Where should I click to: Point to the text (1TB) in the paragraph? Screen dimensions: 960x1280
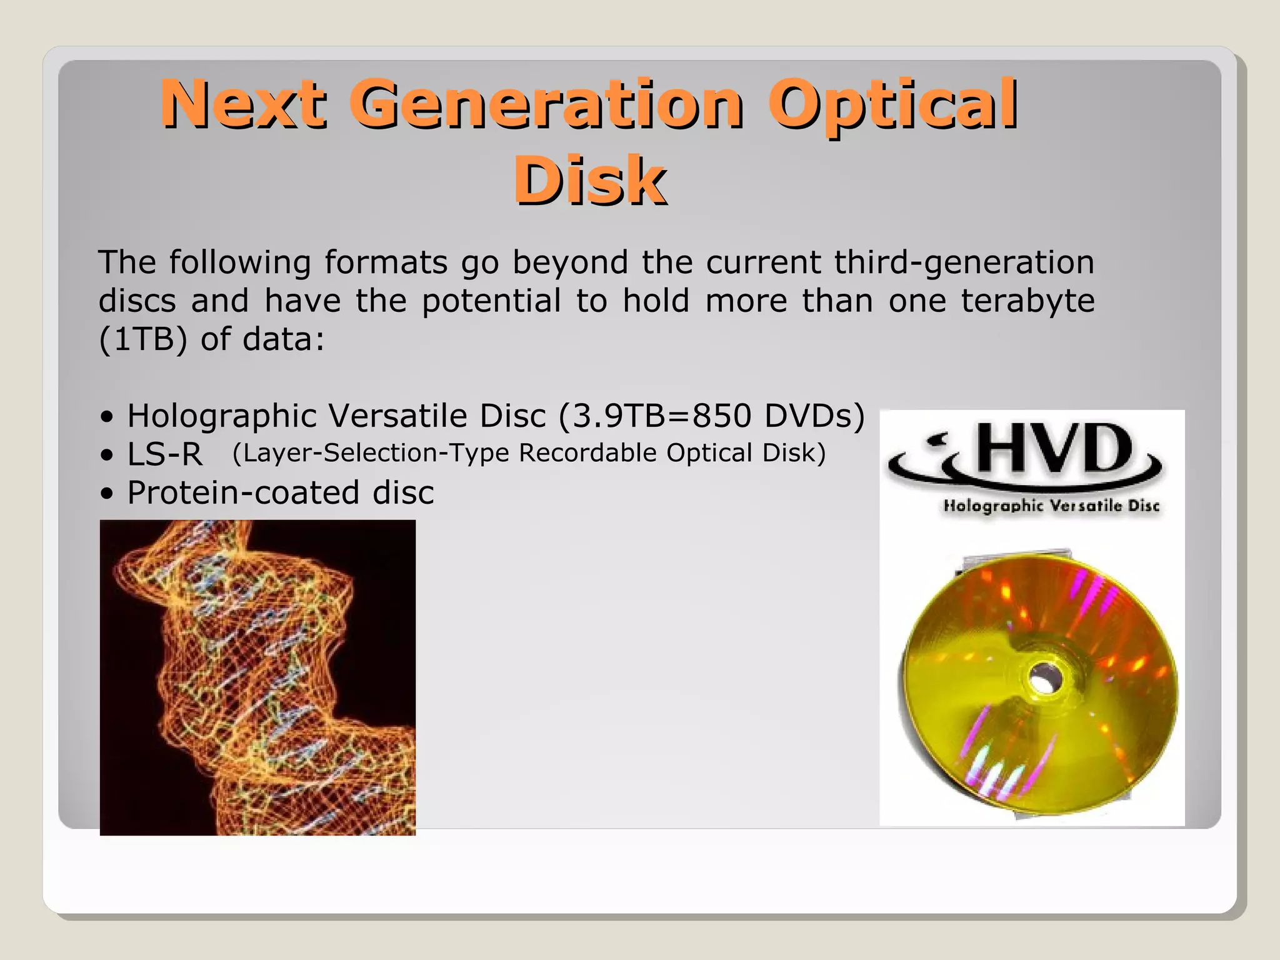[142, 339]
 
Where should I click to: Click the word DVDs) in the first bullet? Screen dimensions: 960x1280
[814, 416]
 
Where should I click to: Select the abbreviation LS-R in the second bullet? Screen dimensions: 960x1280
[165, 454]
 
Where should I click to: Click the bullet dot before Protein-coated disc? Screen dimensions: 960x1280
[107, 494]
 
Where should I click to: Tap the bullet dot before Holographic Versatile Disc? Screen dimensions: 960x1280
[107, 417]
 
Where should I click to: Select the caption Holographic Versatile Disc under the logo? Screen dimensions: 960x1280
[1051, 506]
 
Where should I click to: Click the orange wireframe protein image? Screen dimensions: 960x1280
[257, 677]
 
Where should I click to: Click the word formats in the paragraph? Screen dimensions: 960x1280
[386, 262]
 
